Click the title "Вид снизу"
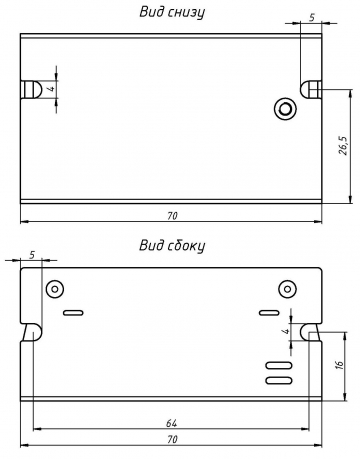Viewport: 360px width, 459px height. pos(172,12)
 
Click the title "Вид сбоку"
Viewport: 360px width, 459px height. pos(172,246)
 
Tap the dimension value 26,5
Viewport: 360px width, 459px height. pos(343,145)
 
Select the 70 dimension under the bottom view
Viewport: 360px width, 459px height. pos(172,216)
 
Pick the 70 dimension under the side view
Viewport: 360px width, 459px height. pos(172,439)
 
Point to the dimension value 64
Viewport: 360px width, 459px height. pos(172,423)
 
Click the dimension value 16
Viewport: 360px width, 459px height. pos(340,364)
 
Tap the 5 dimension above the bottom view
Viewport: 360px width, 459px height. pos(312,17)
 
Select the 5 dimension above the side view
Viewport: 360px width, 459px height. pos(32,255)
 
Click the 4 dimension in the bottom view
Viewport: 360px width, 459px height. pos(51,89)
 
